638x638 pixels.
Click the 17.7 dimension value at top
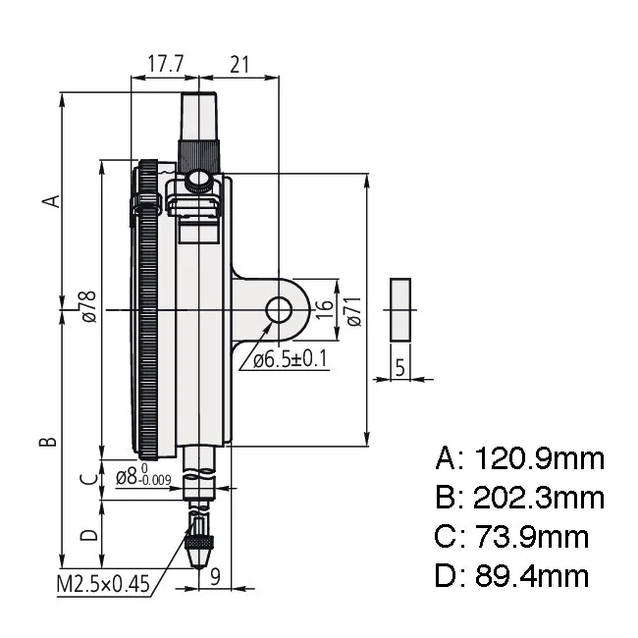[x=166, y=64]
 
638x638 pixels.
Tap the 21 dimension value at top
[x=239, y=64]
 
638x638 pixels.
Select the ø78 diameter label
[x=89, y=306]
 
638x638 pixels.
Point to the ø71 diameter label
[x=354, y=311]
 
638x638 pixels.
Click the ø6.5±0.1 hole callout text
[x=291, y=359]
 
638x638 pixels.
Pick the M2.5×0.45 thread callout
[x=103, y=584]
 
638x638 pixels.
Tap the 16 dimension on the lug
[x=325, y=309]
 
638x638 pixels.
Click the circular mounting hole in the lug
[x=279, y=309]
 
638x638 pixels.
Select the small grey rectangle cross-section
[x=400, y=309]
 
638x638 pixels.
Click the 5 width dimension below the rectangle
[x=400, y=367]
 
